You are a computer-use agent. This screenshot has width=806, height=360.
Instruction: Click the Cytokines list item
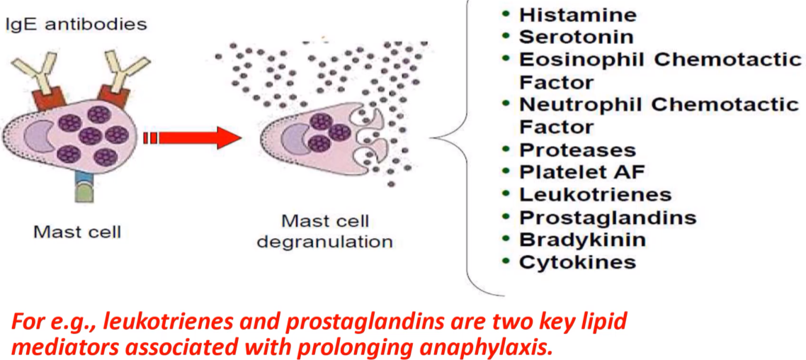click(x=577, y=262)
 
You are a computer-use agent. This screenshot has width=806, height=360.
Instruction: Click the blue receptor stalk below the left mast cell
click(x=86, y=180)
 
